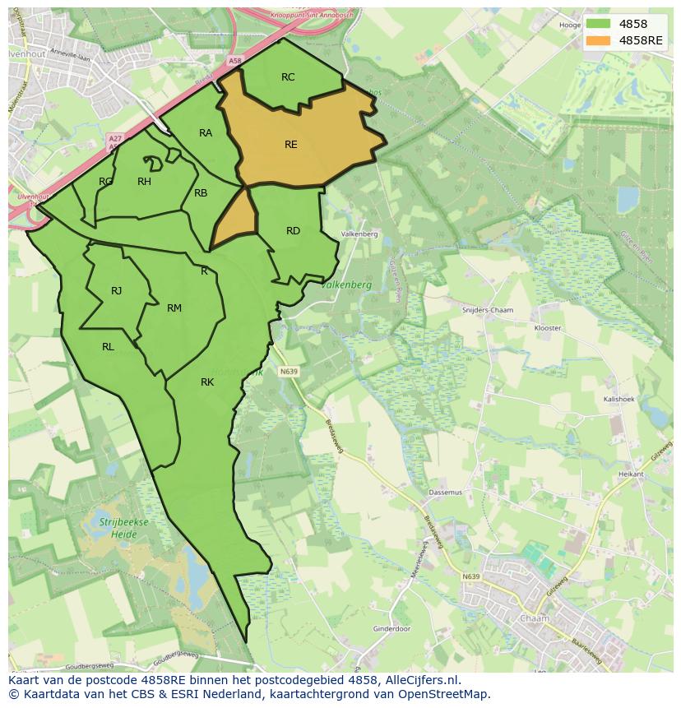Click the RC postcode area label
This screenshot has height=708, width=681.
(x=288, y=77)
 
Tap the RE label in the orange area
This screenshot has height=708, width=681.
(x=290, y=145)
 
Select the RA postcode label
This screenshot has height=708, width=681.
(x=206, y=133)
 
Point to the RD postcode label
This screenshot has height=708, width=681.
(x=293, y=231)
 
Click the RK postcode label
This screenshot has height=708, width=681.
(x=207, y=382)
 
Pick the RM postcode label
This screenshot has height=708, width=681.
(x=174, y=308)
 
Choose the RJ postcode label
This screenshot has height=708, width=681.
(x=117, y=291)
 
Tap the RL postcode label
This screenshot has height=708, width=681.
(x=108, y=347)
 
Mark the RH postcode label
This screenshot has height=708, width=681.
(x=144, y=182)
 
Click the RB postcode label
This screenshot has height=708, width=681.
(x=201, y=194)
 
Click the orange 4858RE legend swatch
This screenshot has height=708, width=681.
(x=598, y=41)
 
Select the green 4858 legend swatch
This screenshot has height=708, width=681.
(x=598, y=25)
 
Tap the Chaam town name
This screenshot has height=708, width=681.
(x=535, y=618)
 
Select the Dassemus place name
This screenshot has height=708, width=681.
(x=446, y=493)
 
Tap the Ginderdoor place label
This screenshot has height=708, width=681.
(x=391, y=629)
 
